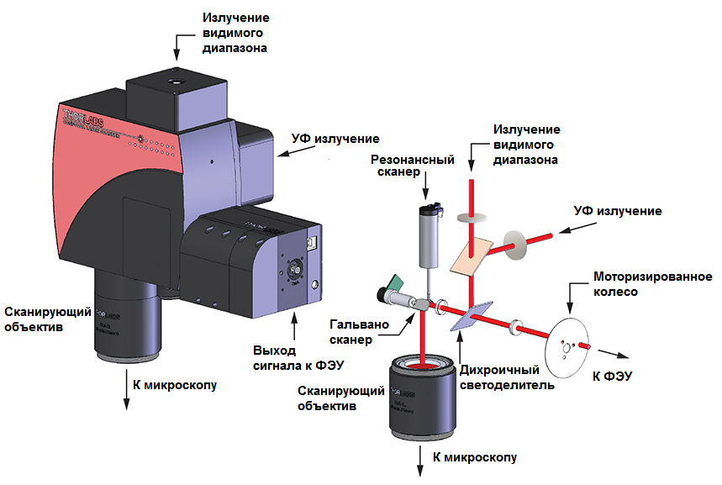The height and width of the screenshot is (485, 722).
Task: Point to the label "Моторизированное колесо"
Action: click(652, 285)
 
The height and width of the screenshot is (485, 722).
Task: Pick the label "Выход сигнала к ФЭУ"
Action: click(286, 357)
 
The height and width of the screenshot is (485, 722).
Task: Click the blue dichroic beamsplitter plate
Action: click(470, 314)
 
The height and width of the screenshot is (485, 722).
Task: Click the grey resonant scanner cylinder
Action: click(429, 231)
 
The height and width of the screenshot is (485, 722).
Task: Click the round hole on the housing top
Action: click(177, 84)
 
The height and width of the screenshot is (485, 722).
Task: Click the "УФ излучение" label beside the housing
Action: click(335, 139)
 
